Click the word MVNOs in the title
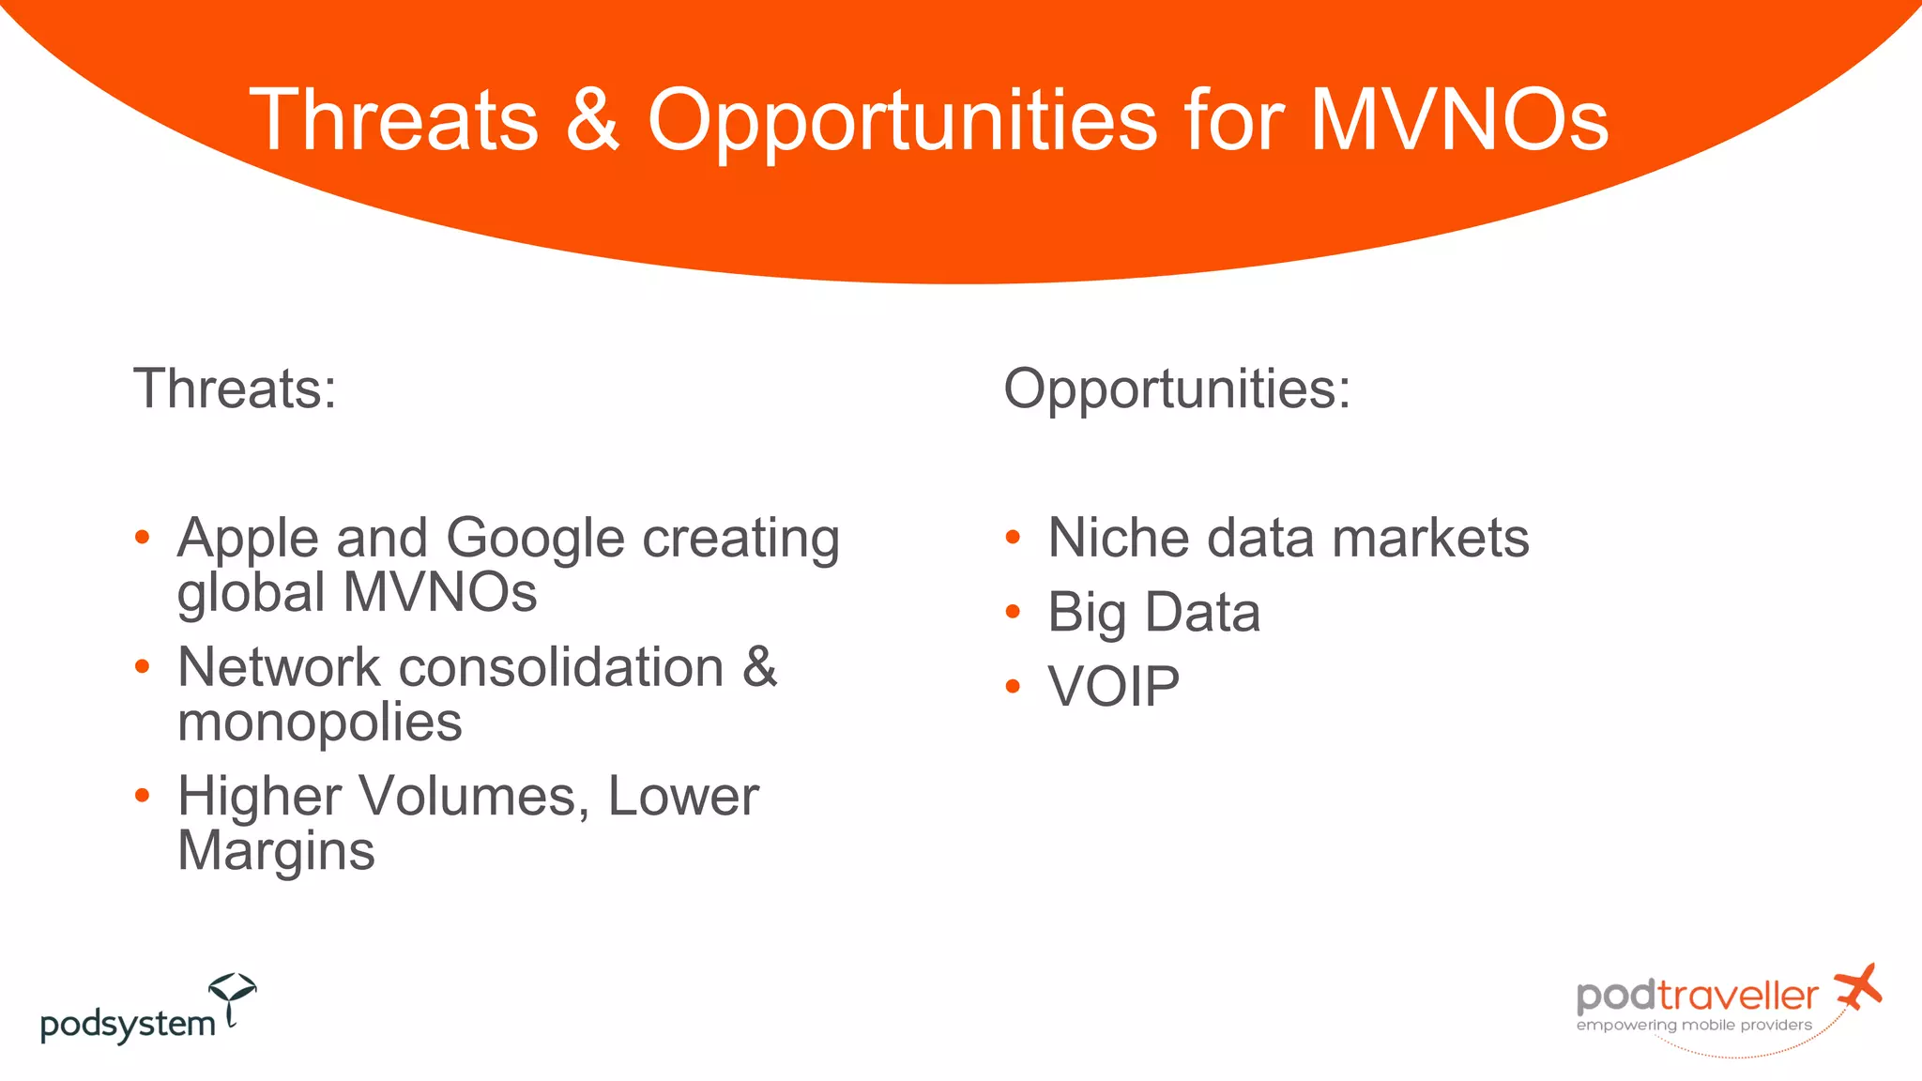point(1458,120)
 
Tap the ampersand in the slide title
point(593,120)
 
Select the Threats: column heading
point(235,388)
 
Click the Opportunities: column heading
point(1177,388)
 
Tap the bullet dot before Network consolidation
point(142,667)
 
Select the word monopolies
point(319,723)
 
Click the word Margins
point(276,852)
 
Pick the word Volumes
point(474,797)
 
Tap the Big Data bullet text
point(1153,613)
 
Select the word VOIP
point(1113,687)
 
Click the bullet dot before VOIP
point(1013,687)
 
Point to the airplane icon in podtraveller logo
point(1858,987)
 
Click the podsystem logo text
point(128,1024)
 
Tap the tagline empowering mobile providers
point(1694,1026)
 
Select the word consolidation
point(561,668)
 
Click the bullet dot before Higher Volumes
point(142,796)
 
